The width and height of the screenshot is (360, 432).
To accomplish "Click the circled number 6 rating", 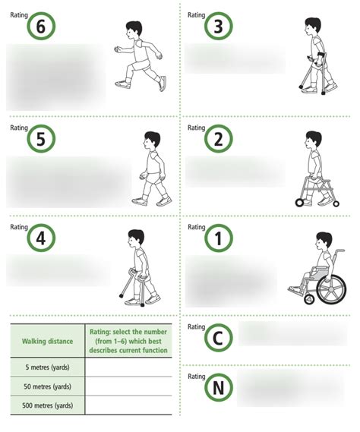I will click(41, 27).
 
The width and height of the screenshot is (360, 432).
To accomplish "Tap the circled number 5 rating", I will click(41, 140).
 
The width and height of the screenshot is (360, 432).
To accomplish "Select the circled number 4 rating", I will click(41, 238).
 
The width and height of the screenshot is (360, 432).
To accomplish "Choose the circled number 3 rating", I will click(219, 27).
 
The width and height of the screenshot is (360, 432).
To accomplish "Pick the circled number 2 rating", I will click(219, 140).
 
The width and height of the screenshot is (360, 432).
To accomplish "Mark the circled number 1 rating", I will click(219, 239).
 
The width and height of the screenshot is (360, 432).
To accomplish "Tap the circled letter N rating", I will click(219, 389).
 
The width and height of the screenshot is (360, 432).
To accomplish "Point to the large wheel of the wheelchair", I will click(331, 289).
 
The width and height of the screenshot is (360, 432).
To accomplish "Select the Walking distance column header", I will click(47, 341).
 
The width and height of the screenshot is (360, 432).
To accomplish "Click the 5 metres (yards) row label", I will click(47, 367).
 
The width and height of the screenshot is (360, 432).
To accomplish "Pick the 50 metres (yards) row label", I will click(47, 386).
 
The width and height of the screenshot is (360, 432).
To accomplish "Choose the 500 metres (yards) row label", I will click(47, 405).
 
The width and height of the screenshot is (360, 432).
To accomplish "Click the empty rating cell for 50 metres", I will click(128, 386).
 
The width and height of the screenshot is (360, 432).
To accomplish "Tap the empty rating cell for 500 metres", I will click(128, 405).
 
